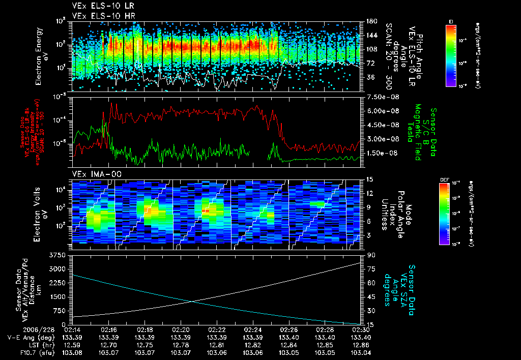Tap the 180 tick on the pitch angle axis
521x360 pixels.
[371, 21]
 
